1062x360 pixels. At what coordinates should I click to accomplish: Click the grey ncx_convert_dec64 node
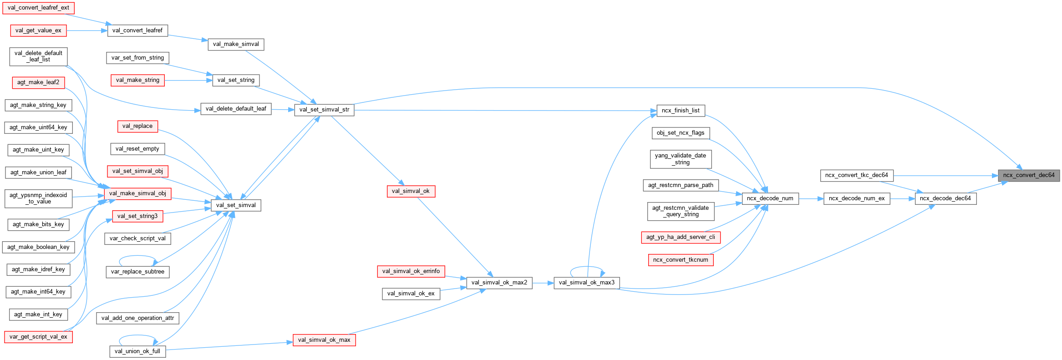(x=1029, y=175)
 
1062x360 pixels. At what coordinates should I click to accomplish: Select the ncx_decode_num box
(x=770, y=198)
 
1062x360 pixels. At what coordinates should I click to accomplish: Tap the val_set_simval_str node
(x=324, y=110)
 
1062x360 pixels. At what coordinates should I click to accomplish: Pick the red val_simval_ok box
(x=411, y=191)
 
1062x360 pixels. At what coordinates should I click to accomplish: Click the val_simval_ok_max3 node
(x=586, y=283)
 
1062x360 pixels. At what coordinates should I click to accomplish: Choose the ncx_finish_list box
(x=681, y=111)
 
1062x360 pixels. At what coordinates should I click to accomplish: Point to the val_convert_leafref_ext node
(x=38, y=8)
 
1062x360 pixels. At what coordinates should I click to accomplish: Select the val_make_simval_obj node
(x=137, y=193)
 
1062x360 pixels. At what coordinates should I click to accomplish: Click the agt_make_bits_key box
(x=38, y=224)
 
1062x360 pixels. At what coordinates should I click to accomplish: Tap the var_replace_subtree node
(x=137, y=272)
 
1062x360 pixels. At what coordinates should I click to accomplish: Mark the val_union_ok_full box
(x=137, y=351)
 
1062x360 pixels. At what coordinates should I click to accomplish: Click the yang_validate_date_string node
(x=680, y=159)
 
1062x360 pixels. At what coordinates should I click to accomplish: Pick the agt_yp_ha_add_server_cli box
(x=681, y=237)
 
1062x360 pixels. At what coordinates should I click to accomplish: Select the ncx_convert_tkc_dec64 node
(x=856, y=175)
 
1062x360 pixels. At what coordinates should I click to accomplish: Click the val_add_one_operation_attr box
(x=137, y=318)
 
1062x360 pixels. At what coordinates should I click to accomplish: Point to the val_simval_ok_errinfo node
(x=411, y=271)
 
